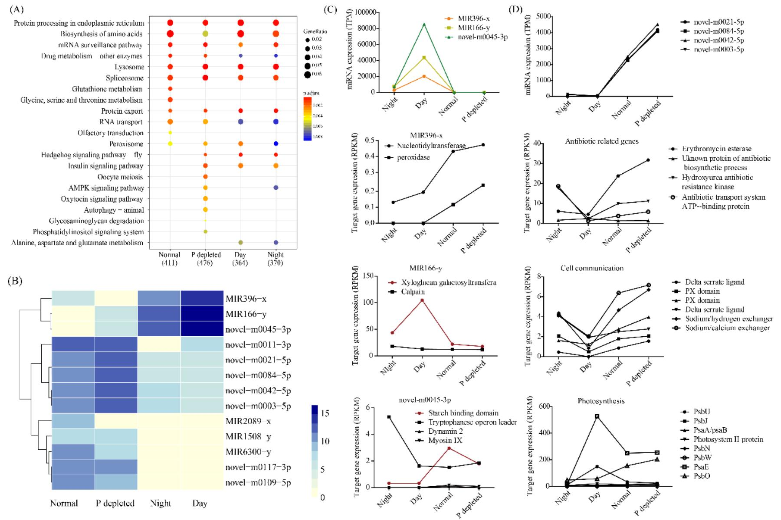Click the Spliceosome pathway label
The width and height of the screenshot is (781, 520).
pyautogui.click(x=125, y=78)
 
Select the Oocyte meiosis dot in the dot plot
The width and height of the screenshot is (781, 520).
pyautogui.click(x=205, y=177)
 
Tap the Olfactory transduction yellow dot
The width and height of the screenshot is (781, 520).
pyautogui.click(x=170, y=133)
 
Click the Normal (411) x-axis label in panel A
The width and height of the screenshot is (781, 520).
pyautogui.click(x=169, y=258)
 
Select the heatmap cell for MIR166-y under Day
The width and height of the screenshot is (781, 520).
pyautogui.click(x=202, y=314)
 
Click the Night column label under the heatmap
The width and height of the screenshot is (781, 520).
pyautogui.click(x=160, y=503)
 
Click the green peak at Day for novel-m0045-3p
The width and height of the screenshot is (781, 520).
pyautogui.click(x=424, y=24)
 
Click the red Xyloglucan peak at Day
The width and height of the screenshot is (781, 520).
pyautogui.click(x=421, y=300)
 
